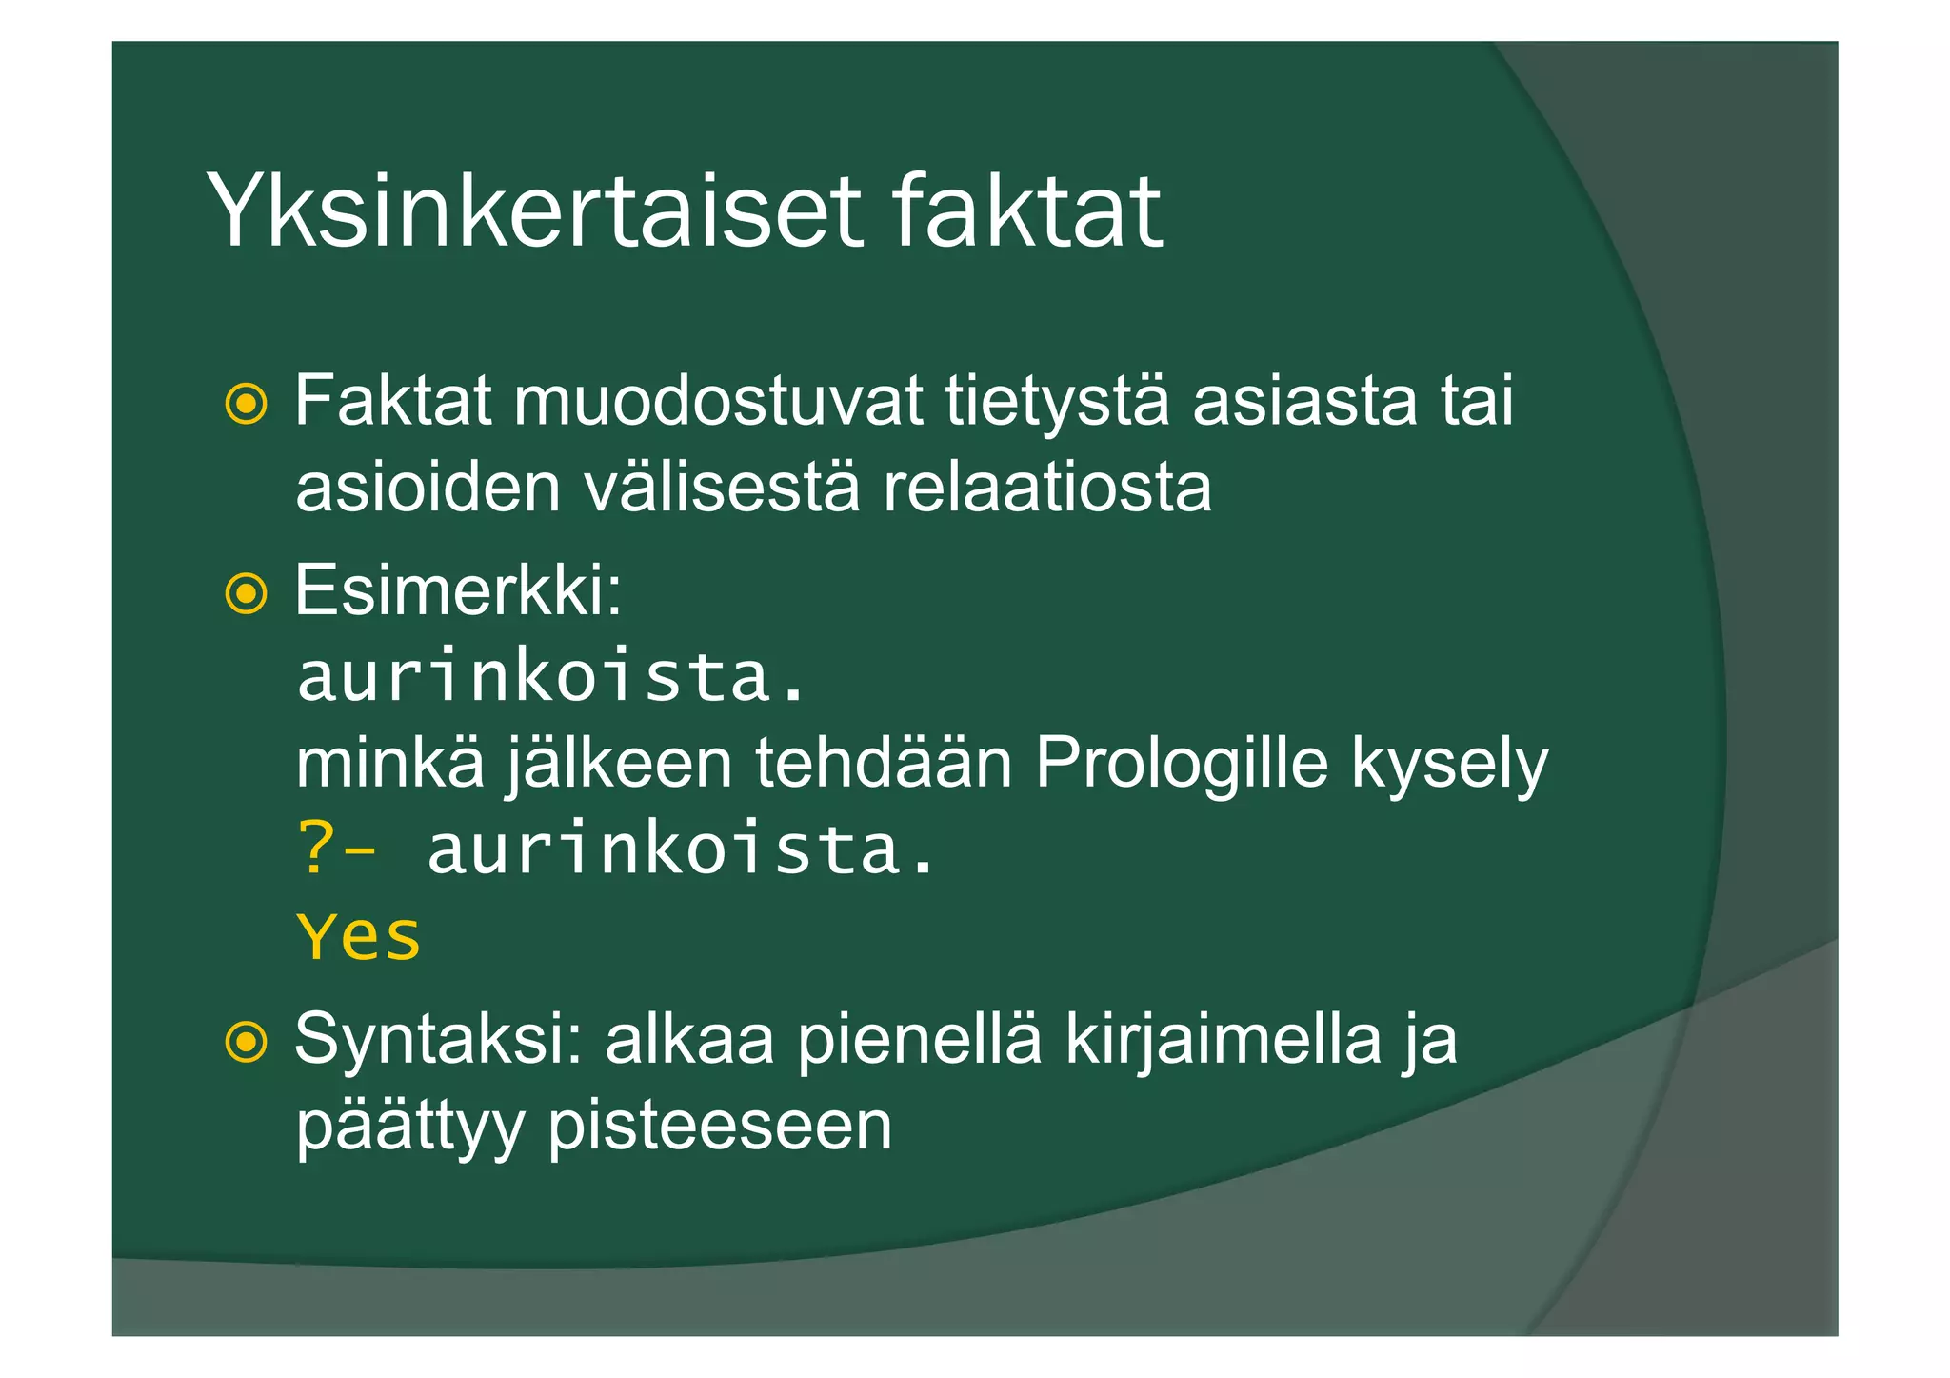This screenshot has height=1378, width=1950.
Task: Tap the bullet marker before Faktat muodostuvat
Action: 247,404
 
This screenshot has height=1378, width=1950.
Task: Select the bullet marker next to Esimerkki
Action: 247,594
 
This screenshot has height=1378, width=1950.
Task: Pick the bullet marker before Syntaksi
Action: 247,1042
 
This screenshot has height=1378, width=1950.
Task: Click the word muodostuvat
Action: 718,402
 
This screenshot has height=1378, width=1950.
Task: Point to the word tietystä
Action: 1057,402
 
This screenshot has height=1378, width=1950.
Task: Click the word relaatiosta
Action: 1046,488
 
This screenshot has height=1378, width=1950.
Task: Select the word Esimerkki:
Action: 458,591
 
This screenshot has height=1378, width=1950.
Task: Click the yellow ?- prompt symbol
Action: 336,849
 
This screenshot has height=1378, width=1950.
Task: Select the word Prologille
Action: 1181,764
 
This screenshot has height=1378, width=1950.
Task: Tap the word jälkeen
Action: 619,766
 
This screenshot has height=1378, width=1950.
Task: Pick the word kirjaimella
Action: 1223,1040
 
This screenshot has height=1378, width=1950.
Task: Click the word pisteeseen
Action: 720,1128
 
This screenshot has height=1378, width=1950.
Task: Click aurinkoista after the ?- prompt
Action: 680,849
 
